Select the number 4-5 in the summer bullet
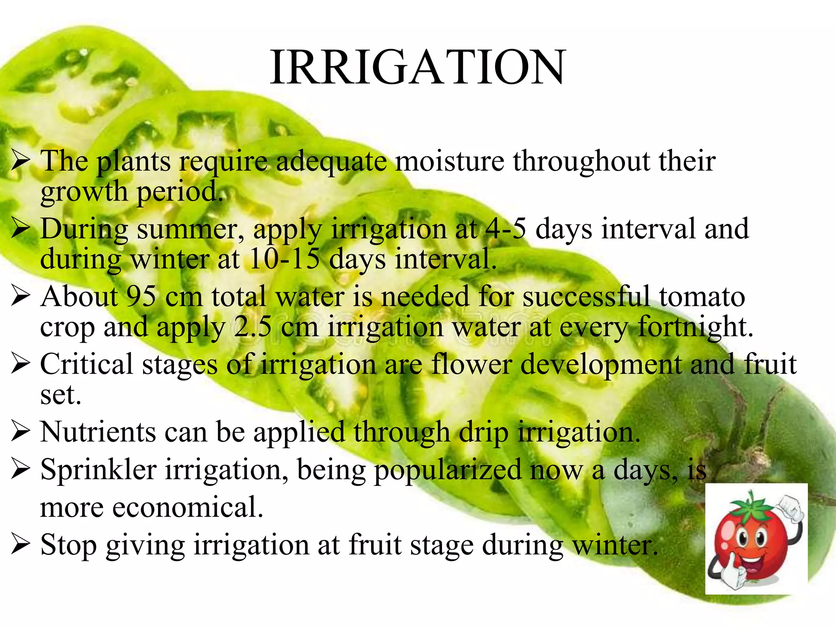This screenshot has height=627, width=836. pyautogui.click(x=506, y=228)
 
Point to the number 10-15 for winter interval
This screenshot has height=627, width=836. pyautogui.click(x=284, y=259)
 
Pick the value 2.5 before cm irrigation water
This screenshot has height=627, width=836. pyautogui.click(x=252, y=327)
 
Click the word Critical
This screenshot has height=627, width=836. pyautogui.click(x=87, y=364)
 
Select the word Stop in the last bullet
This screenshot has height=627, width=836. pyautogui.click(x=69, y=545)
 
